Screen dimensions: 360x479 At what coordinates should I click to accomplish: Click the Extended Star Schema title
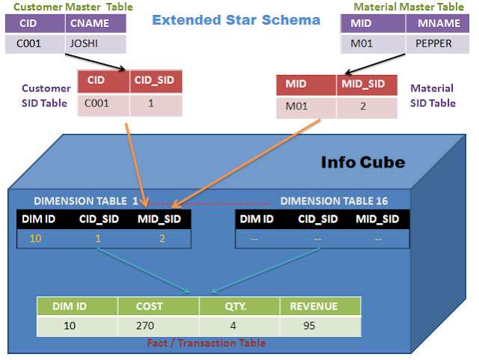[x=236, y=19]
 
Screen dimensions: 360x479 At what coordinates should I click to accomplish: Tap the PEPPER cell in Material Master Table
[x=433, y=43]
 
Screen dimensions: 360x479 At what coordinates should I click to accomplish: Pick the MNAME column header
[x=433, y=24]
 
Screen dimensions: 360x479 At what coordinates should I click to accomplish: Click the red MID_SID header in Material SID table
[x=366, y=85]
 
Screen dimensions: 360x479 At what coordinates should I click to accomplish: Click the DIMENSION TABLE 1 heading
[x=86, y=201]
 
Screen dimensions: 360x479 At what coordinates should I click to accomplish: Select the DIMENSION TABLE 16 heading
[x=334, y=201]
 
